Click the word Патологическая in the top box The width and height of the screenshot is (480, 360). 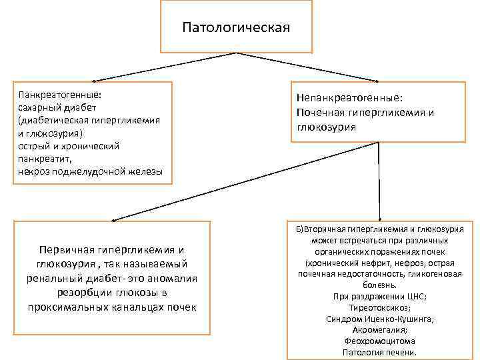pos(236,28)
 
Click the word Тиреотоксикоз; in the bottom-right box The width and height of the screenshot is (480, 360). pos(380,307)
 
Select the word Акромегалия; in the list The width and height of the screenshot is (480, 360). pos(379,330)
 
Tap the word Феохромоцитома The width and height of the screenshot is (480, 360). pos(379,341)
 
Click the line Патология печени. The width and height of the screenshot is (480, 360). pos(379,353)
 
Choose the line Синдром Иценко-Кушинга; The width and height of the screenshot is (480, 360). pos(379,319)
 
